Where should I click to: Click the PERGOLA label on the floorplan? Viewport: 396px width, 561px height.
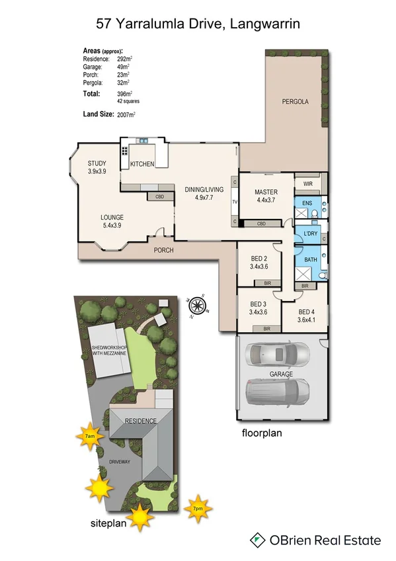click(x=296, y=102)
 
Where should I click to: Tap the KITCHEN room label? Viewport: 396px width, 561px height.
click(x=142, y=164)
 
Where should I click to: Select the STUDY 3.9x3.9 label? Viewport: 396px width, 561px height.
click(x=97, y=167)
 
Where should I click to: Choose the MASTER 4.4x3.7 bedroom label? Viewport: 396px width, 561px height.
click(x=265, y=196)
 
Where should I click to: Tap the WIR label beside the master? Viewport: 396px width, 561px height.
click(x=307, y=183)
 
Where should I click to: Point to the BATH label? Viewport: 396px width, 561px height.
click(x=310, y=259)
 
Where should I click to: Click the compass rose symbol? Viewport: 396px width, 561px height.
click(x=198, y=306)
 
